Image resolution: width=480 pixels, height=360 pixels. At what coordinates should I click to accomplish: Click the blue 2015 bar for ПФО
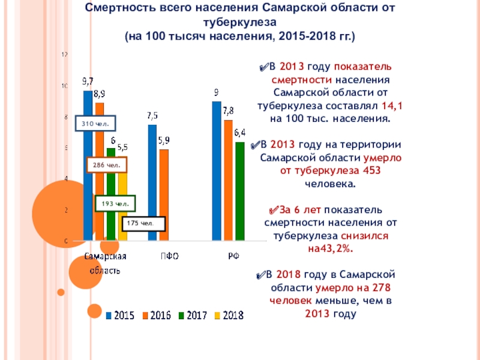click(x=152, y=182)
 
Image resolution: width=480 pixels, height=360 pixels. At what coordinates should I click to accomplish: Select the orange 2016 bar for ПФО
click(x=164, y=195)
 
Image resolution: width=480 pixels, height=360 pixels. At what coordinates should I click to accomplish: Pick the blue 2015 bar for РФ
click(x=216, y=171)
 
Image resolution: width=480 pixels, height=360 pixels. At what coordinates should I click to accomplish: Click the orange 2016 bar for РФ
click(x=228, y=180)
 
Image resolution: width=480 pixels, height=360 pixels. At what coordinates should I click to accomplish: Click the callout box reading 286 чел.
click(x=106, y=164)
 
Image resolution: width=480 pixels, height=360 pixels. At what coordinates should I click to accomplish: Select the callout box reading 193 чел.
click(x=115, y=204)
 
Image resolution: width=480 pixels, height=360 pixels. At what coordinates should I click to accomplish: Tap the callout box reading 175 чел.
click(x=143, y=224)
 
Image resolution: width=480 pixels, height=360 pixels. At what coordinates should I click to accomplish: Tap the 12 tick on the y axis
click(x=65, y=55)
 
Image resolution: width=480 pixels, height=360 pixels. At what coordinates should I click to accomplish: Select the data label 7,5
click(x=152, y=115)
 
